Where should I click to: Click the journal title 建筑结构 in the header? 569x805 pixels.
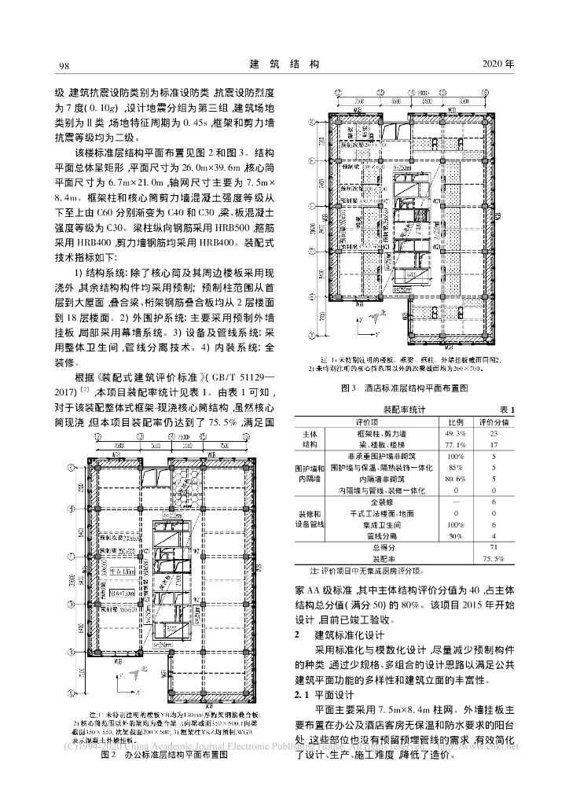[284, 63]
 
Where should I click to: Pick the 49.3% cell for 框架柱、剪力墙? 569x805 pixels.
[456, 433]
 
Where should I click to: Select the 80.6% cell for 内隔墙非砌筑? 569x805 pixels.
[456, 478]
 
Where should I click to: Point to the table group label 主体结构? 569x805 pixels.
[310, 439]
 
